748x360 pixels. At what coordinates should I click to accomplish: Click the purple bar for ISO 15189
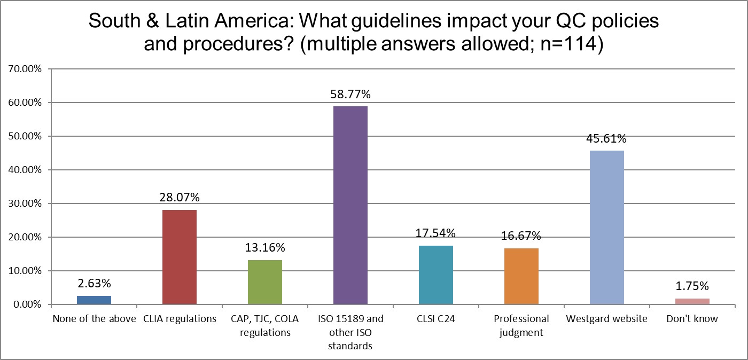click(x=350, y=206)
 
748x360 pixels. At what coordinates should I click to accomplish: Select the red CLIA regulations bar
click(x=179, y=257)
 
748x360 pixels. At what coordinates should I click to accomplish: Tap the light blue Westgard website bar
click(x=606, y=228)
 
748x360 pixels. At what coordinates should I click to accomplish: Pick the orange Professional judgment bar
click(x=521, y=276)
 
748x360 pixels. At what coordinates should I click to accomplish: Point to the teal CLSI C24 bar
click(x=435, y=275)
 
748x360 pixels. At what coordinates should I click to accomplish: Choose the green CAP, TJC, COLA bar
click(x=264, y=282)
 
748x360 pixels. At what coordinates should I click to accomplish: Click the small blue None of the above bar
click(x=93, y=300)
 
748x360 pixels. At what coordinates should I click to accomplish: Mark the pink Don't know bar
click(x=692, y=301)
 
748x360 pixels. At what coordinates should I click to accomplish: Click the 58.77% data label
click(x=350, y=95)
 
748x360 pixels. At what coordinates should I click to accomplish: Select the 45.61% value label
click(x=606, y=139)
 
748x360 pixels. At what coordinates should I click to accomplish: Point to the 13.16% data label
click(x=264, y=248)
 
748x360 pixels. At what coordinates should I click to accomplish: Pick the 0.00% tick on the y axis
click(x=27, y=304)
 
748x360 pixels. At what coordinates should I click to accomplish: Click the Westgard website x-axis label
click(x=606, y=319)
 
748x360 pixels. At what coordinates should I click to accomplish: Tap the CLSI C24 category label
click(x=435, y=319)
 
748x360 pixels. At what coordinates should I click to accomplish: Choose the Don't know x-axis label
click(x=692, y=319)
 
